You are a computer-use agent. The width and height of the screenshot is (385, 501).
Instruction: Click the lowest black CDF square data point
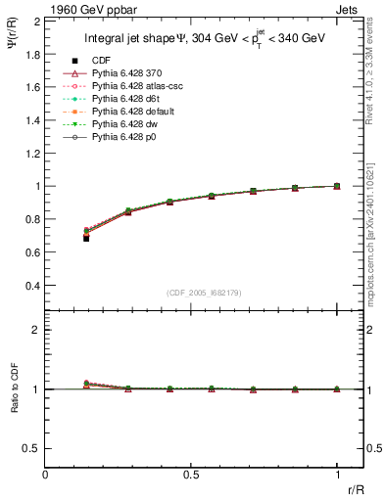(x=86, y=238)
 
